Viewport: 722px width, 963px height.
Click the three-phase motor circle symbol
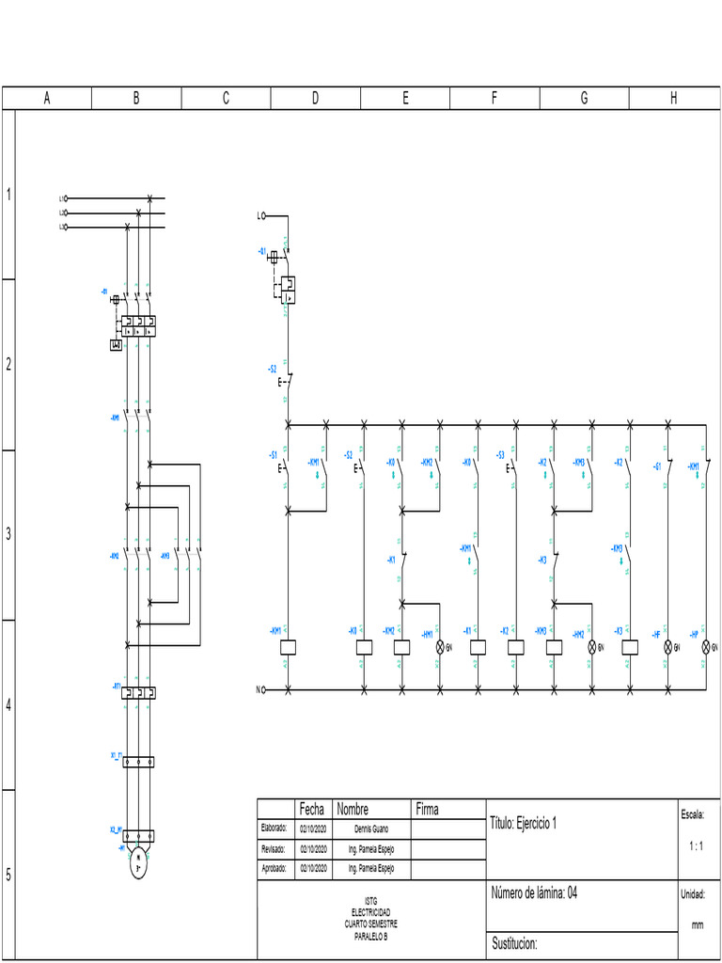pyautogui.click(x=138, y=862)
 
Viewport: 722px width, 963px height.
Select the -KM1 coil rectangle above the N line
pyautogui.click(x=289, y=647)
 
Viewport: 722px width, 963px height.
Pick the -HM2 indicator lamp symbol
pyautogui.click(x=592, y=647)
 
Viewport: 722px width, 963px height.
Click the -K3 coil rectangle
pyautogui.click(x=630, y=647)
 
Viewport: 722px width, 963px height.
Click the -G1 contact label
pyautogui.click(x=658, y=465)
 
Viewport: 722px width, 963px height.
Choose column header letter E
pyautogui.click(x=405, y=99)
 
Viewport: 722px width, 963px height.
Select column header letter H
pyautogui.click(x=673, y=99)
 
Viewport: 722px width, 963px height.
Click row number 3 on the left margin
pyautogui.click(x=8, y=534)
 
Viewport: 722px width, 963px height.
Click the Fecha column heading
pyautogui.click(x=311, y=809)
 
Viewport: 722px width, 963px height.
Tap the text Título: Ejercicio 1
pyautogui.click(x=524, y=823)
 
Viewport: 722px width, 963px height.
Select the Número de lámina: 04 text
pyautogui.click(x=533, y=892)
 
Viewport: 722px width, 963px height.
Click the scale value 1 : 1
pyautogui.click(x=697, y=846)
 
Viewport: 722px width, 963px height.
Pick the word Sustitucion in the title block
pyautogui.click(x=514, y=942)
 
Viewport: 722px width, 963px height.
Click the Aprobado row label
pyautogui.click(x=273, y=868)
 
